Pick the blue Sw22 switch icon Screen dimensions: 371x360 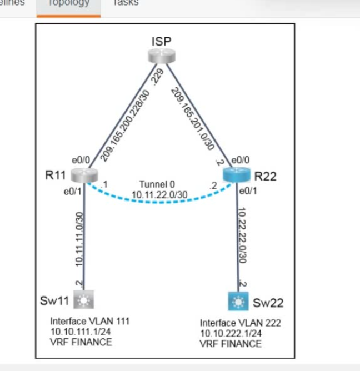(238, 302)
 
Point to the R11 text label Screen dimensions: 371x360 (56, 176)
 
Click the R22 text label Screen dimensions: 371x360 (266, 177)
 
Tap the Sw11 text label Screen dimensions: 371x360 (54, 300)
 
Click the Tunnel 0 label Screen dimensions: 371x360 (157, 184)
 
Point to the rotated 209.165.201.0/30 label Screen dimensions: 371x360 (193, 119)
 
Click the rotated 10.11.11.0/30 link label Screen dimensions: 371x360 (79, 237)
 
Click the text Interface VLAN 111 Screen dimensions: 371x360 (90, 321)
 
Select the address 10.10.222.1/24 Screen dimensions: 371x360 (230, 333)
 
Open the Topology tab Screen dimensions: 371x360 (68, 3)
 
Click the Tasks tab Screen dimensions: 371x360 (126, 3)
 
